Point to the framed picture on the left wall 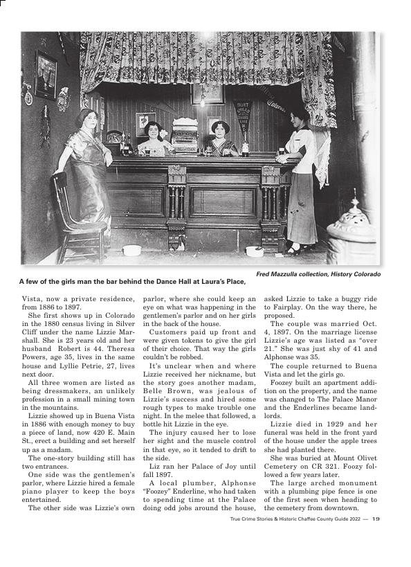pyautogui.click(x=46, y=75)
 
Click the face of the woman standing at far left pyautogui.click(x=86, y=119)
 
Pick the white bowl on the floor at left pyautogui.click(x=131, y=250)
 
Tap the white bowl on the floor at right pyautogui.click(x=255, y=251)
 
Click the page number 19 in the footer pyautogui.click(x=376, y=518)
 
